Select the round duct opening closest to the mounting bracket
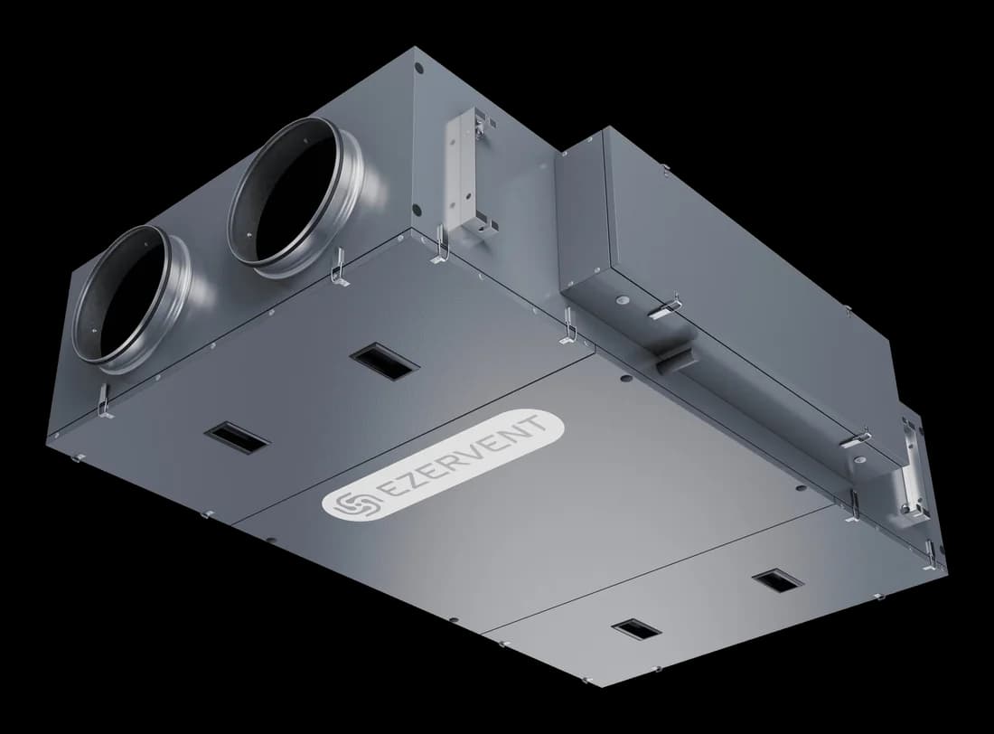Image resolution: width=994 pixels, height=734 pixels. pyautogui.click(x=295, y=197)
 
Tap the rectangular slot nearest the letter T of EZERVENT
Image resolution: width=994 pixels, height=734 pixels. pyautogui.click(x=383, y=361)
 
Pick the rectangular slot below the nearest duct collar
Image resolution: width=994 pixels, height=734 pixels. pyautogui.click(x=237, y=438)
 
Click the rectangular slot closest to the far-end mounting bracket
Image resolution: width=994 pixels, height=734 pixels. pyautogui.click(x=777, y=579)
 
